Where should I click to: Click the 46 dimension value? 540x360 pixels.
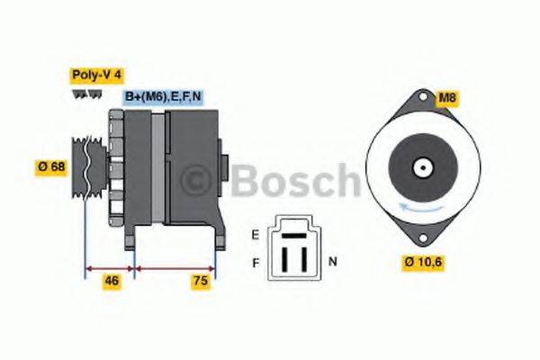coord(111,281)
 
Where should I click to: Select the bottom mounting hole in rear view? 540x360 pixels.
coord(419,238)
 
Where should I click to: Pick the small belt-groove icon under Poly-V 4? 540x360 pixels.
coord(78,94)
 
